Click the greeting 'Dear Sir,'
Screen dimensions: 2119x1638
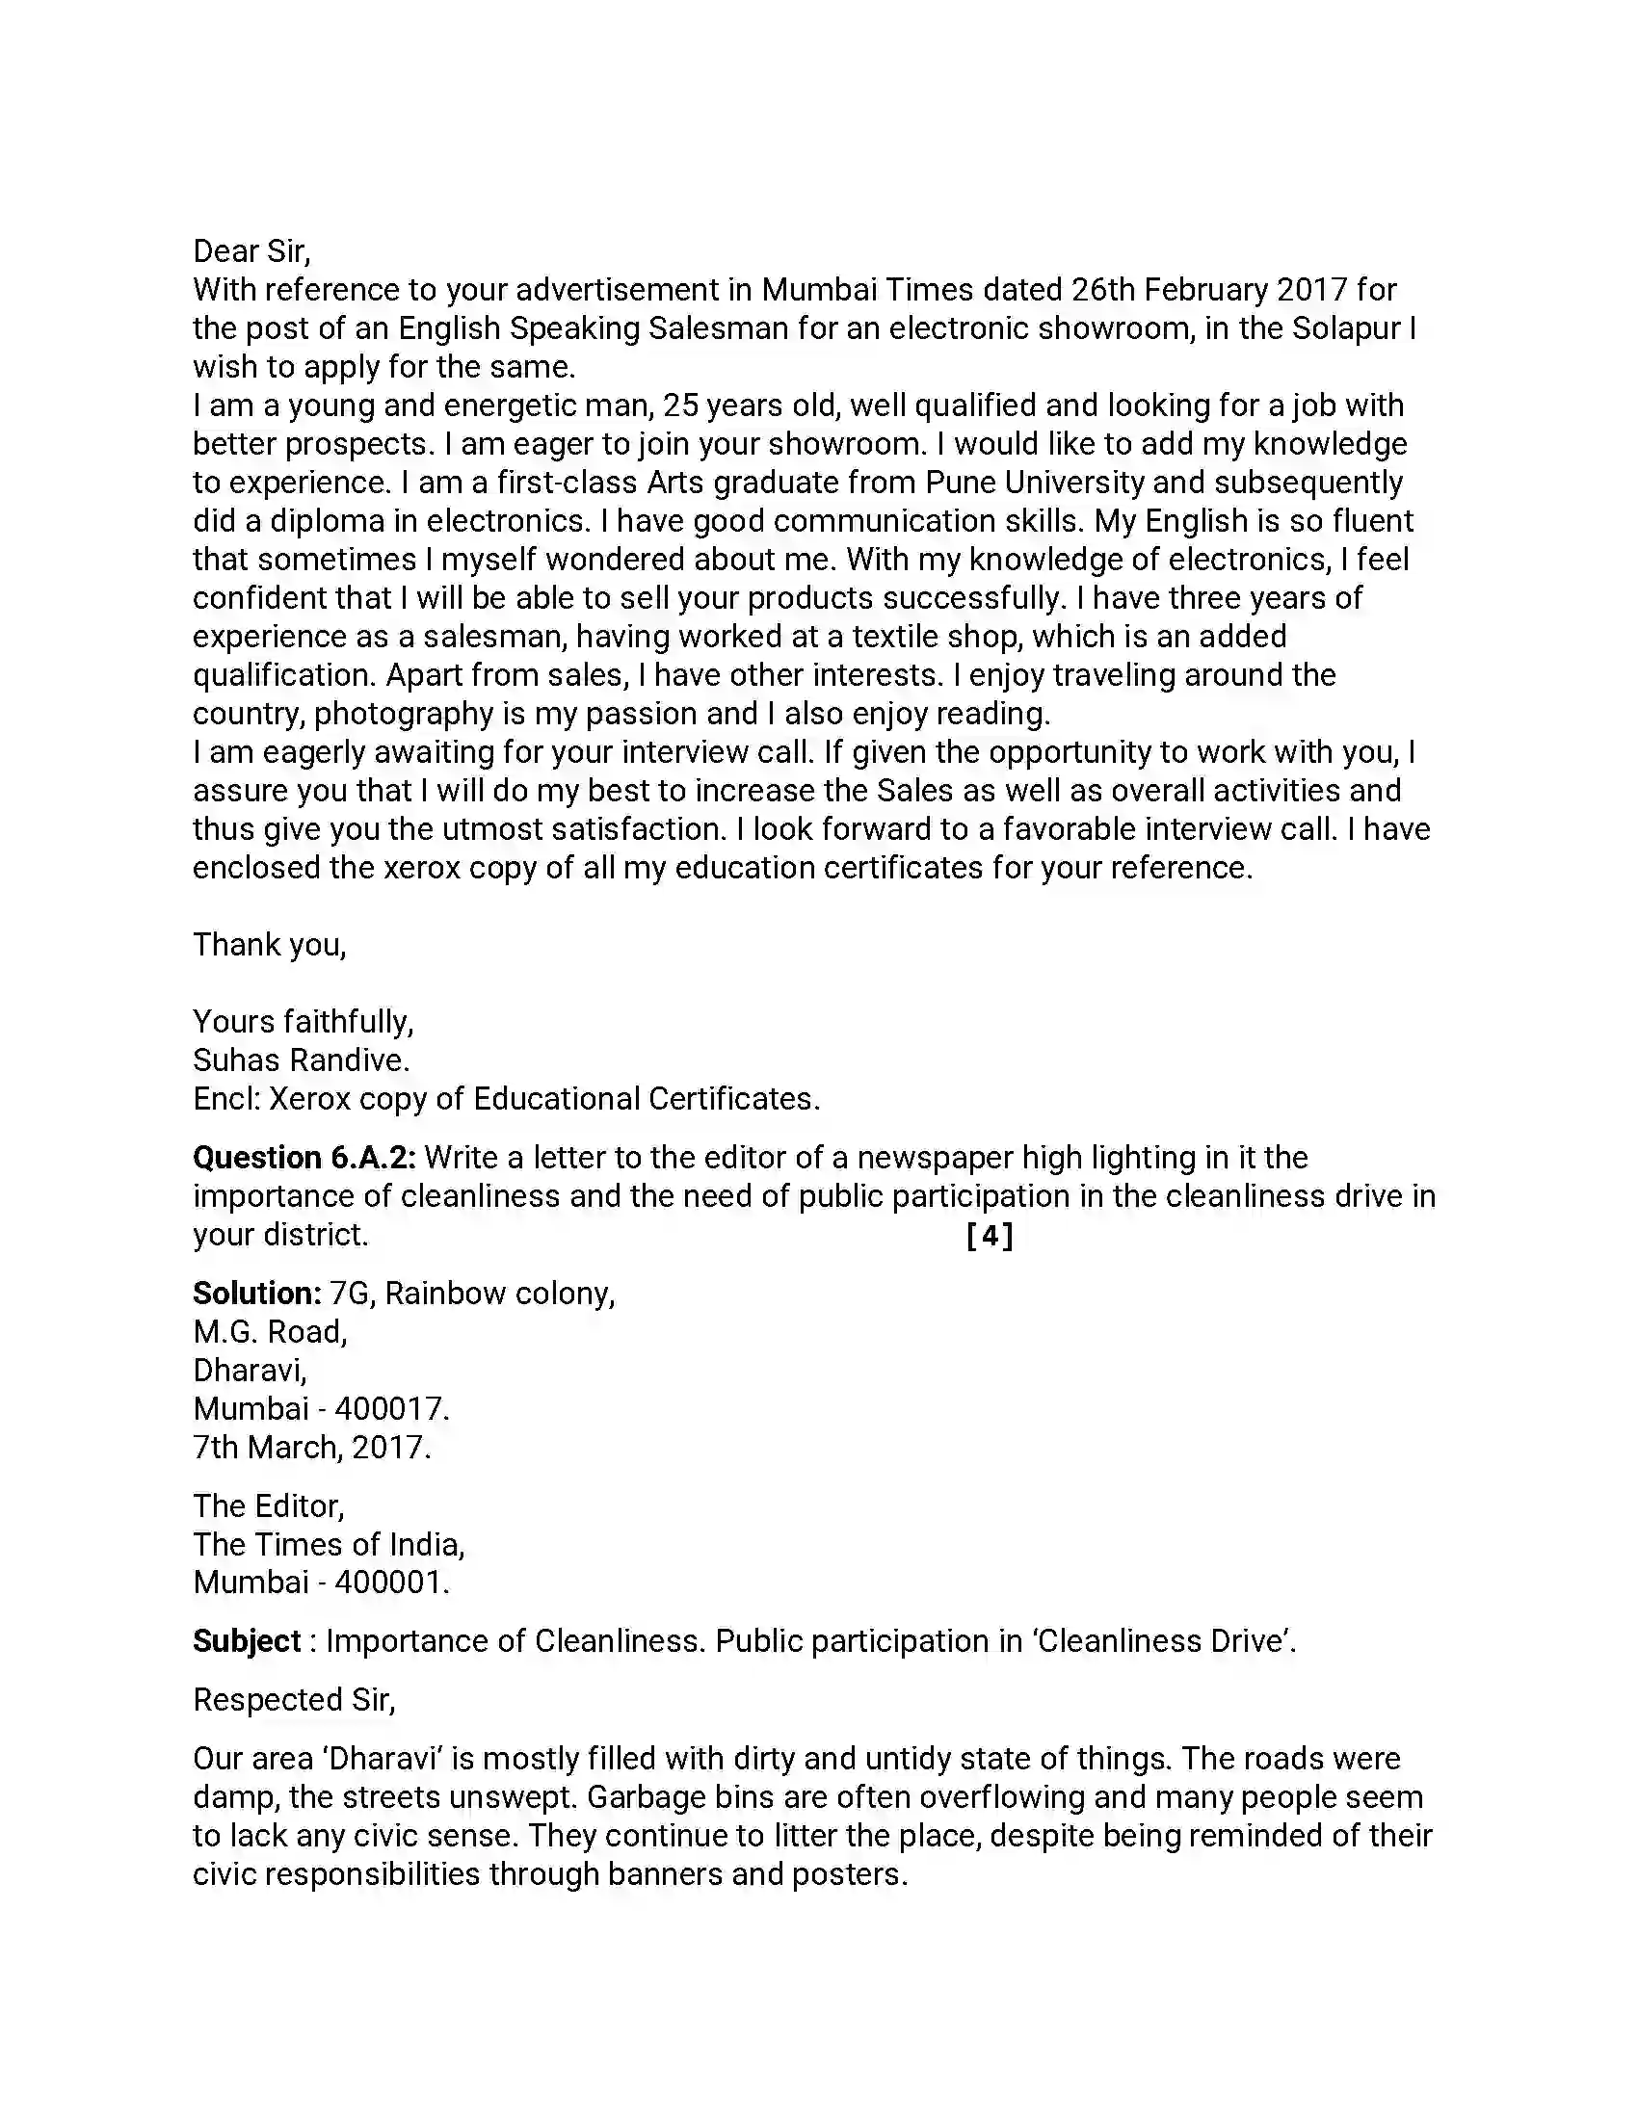tap(251, 251)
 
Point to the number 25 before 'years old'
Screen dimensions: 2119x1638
tap(680, 405)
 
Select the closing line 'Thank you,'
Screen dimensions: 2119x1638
tap(269, 944)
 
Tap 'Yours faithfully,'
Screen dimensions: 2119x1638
tap(303, 1022)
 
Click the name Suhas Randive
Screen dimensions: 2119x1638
tap(301, 1060)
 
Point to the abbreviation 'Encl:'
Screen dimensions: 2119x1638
tap(226, 1099)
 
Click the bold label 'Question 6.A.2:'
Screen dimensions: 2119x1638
tap(304, 1158)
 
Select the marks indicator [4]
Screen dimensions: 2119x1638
tap(990, 1235)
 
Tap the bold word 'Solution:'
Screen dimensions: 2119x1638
tap(256, 1294)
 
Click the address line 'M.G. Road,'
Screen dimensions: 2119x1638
tap(270, 1332)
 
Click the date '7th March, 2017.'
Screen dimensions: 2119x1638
tap(311, 1448)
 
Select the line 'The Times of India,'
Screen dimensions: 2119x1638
tap(329, 1545)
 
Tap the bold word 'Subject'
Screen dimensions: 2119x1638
tap(247, 1641)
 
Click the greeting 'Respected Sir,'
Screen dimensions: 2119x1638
tap(294, 1700)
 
